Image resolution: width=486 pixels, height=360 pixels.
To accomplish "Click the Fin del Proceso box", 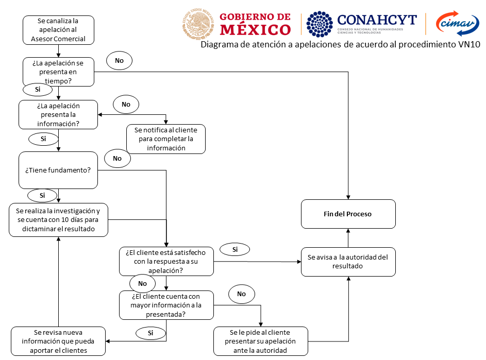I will click(348, 214).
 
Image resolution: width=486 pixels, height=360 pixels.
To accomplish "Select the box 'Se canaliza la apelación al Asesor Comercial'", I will click(58, 30).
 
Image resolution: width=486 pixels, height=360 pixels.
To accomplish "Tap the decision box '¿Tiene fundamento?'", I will click(58, 170).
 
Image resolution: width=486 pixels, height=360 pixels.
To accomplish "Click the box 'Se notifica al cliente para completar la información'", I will click(166, 139).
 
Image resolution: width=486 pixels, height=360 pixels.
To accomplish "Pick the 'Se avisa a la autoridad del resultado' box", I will click(348, 261).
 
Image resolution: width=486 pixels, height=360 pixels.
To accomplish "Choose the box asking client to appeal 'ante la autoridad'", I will click(261, 341).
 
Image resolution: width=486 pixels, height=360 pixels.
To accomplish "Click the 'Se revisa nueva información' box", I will click(58, 341).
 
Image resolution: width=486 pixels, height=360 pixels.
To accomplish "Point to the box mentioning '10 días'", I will click(58, 220).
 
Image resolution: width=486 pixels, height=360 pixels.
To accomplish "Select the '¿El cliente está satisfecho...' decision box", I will click(166, 261).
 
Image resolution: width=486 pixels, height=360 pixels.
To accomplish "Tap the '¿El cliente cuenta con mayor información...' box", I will click(166, 305).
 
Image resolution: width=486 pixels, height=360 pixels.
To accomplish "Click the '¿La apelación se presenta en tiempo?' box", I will click(58, 72).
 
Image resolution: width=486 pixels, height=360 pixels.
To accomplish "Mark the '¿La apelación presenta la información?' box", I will click(58, 114).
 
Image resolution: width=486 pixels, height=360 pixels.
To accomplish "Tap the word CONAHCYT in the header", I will click(377, 19).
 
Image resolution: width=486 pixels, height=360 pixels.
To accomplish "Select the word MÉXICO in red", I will click(255, 29).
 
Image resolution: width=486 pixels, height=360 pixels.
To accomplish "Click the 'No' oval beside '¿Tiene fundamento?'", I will click(117, 158).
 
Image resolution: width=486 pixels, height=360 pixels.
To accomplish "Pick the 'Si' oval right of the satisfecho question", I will click(234, 250).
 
